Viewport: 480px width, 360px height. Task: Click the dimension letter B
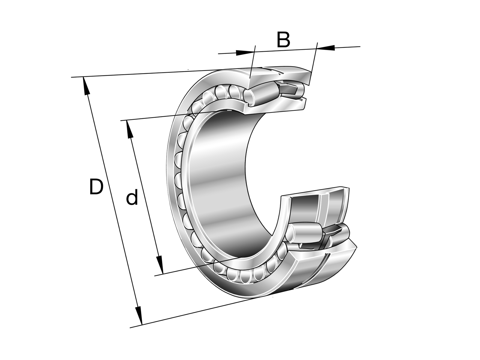pyautogui.click(x=283, y=40)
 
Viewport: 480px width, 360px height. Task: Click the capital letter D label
pyautogui.click(x=96, y=186)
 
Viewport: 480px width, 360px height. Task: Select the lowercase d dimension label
pyautogui.click(x=132, y=197)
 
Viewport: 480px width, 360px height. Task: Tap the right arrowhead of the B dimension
pyautogui.click(x=326, y=48)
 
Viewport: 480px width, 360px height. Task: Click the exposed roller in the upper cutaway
pyautogui.click(x=261, y=95)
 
